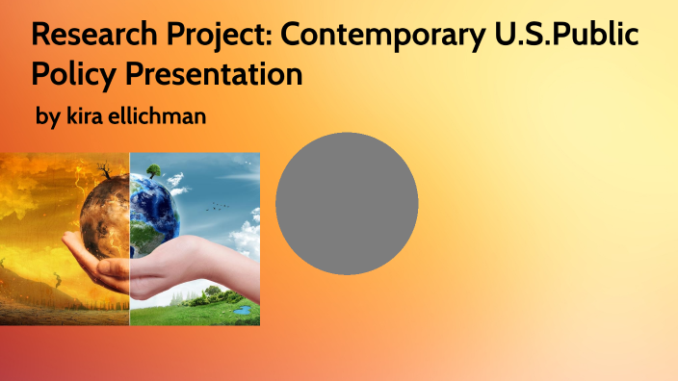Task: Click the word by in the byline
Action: click(x=48, y=117)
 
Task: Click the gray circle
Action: click(x=347, y=204)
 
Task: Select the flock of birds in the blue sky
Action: click(x=222, y=205)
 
